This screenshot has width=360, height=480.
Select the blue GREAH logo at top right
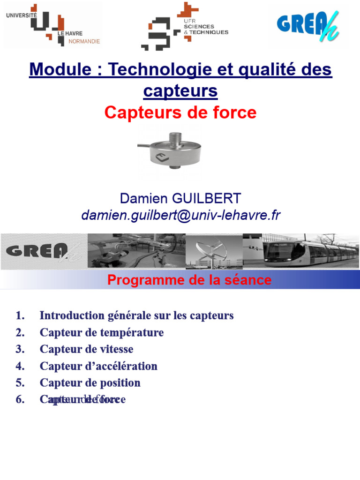tap(307, 24)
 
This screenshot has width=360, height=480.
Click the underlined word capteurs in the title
tap(180, 91)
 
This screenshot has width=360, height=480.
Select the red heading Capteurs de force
tap(180, 112)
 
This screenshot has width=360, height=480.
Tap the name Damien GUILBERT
tap(180, 198)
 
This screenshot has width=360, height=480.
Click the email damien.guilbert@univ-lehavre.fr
tap(180, 215)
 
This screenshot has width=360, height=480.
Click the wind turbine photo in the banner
tap(214, 251)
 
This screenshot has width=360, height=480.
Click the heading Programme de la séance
tap(189, 280)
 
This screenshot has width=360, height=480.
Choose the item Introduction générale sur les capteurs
tap(136, 315)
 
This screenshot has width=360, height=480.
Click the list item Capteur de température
tap(102, 333)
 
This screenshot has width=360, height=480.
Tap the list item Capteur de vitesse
tap(86, 349)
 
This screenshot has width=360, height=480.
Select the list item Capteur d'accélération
tap(98, 366)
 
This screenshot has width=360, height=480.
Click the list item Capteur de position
tap(90, 383)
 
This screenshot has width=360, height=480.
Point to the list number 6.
tap(20, 400)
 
